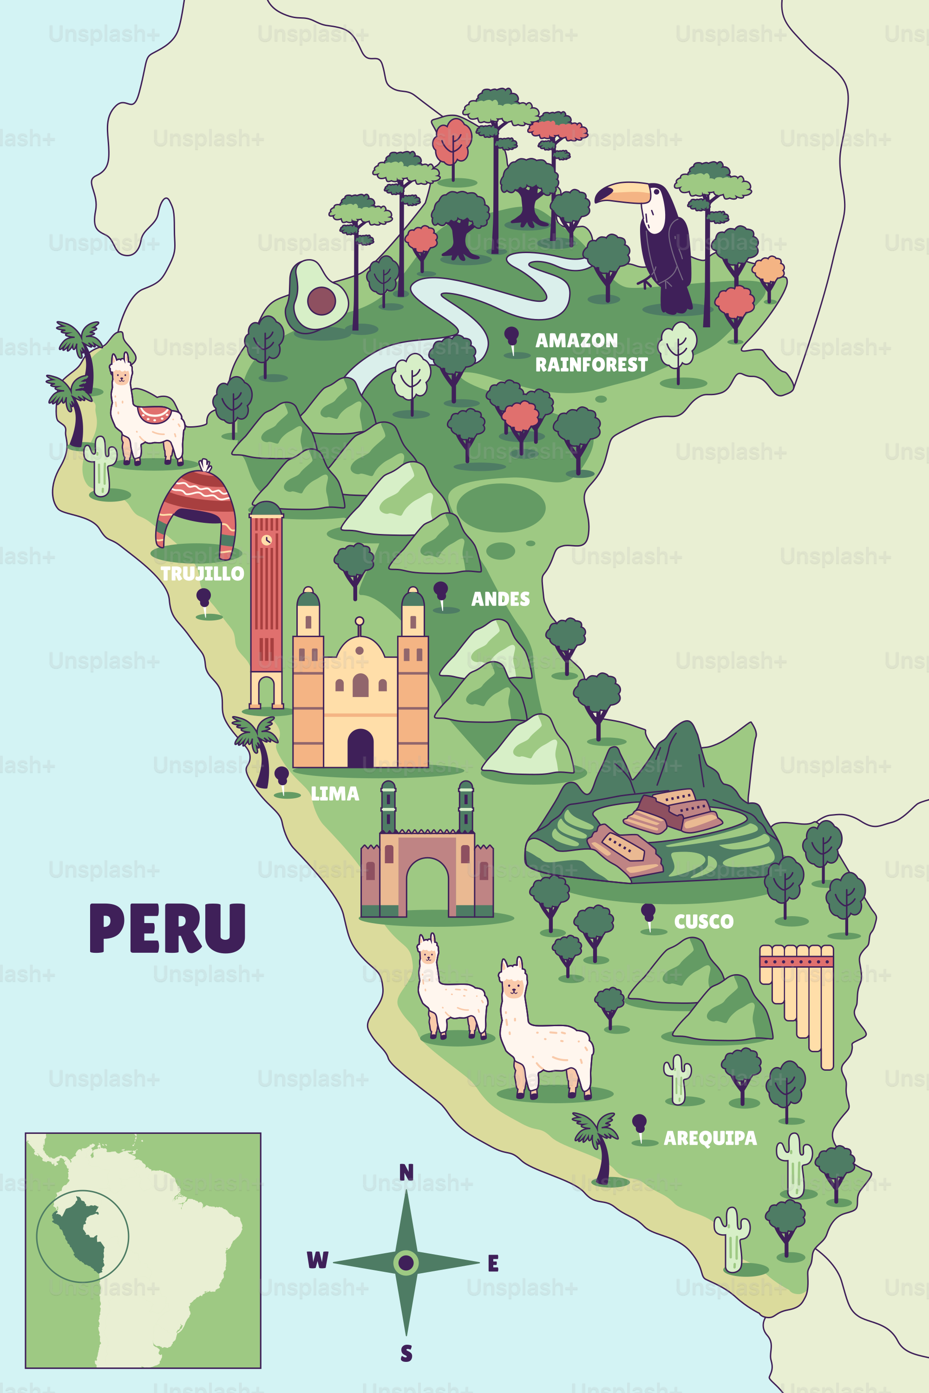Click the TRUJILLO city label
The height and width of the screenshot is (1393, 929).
point(202,573)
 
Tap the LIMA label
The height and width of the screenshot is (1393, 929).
point(335,794)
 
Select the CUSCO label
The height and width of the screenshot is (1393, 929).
point(703,922)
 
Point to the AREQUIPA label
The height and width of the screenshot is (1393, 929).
point(710,1138)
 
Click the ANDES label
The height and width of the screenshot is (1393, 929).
point(500,599)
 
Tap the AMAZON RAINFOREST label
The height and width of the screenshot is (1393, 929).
point(591,352)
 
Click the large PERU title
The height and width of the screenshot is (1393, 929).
point(168,929)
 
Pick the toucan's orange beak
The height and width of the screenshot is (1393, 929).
point(622,193)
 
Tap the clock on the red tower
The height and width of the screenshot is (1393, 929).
point(267,540)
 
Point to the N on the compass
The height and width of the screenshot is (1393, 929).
point(406,1172)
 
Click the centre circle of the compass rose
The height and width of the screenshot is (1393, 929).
point(406,1262)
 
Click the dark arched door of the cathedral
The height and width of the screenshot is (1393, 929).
point(360,748)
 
